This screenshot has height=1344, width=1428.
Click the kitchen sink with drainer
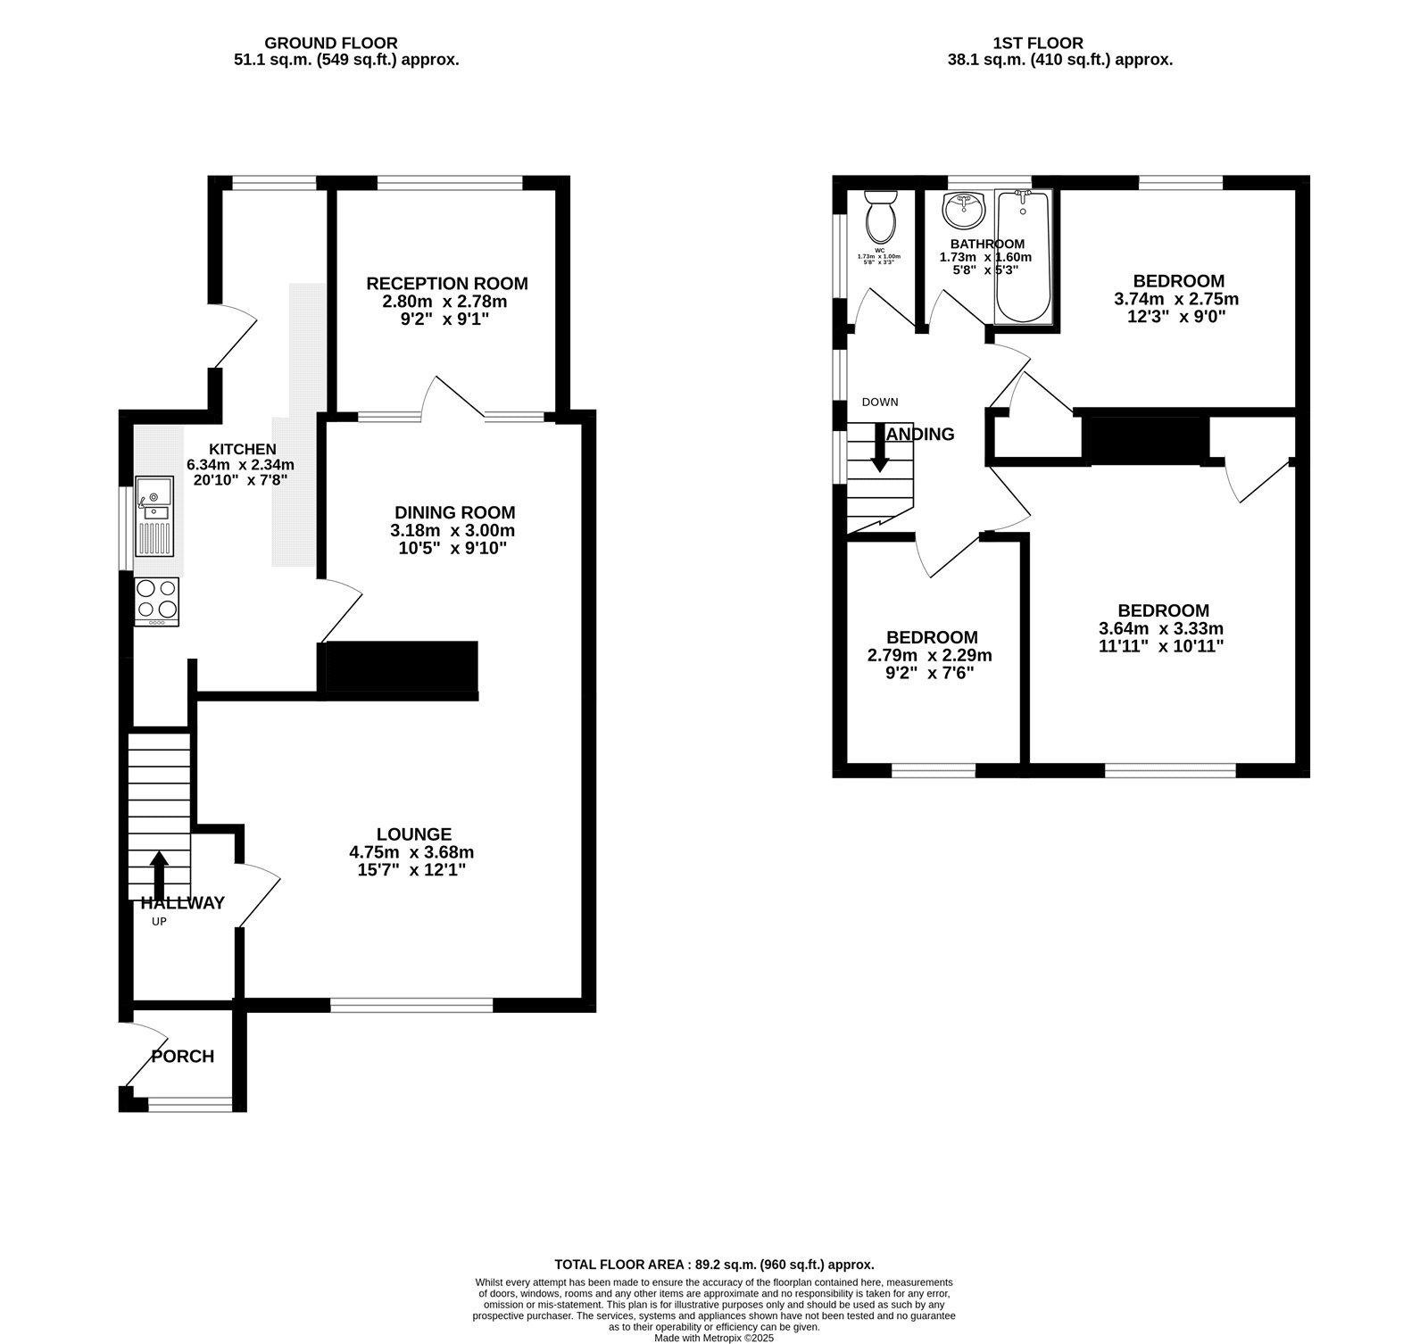pyautogui.click(x=155, y=517)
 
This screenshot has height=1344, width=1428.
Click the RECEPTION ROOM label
pyautogui.click(x=447, y=284)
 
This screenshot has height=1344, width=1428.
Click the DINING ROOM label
pyautogui.click(x=455, y=512)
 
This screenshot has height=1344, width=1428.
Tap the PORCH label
pyautogui.click(x=183, y=1057)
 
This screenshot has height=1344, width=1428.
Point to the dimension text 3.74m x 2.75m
pyautogui.click(x=1176, y=299)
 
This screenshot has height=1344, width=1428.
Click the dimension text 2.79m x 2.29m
pyautogui.click(x=930, y=655)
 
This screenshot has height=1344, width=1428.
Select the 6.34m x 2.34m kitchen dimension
pyautogui.click(x=240, y=464)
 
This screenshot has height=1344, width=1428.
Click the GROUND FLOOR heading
pyautogui.click(x=331, y=43)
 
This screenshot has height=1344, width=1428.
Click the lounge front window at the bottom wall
pyautogui.click(x=411, y=1005)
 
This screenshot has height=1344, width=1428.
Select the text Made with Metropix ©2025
pyautogui.click(x=714, y=1338)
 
